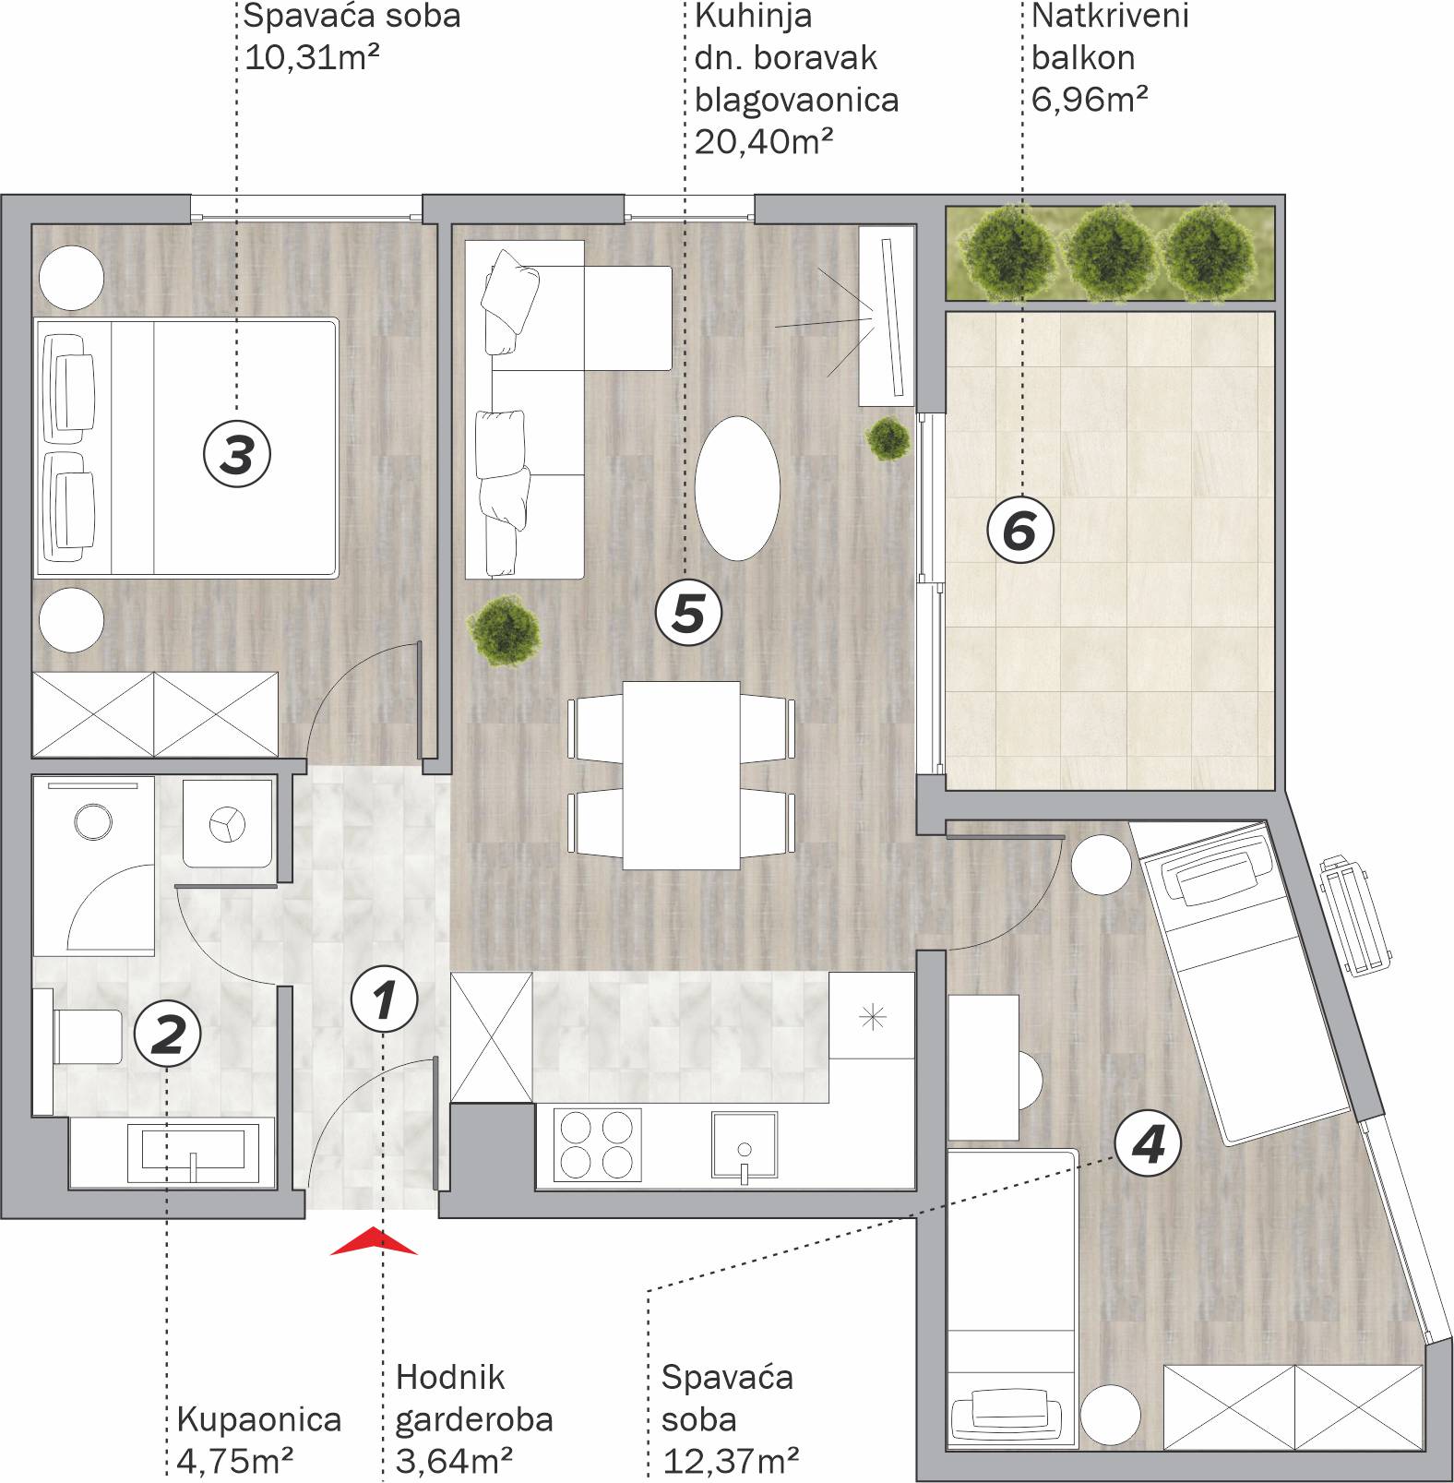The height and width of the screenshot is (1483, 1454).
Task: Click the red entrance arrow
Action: point(374,1242)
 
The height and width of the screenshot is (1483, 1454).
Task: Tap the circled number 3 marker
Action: point(237,454)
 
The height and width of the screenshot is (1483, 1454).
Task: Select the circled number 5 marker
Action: point(688,612)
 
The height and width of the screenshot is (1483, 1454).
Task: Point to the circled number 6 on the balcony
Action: point(1020,531)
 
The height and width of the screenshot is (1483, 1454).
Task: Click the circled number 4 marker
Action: point(1149,1144)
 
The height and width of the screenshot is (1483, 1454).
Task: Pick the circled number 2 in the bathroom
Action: point(168,1033)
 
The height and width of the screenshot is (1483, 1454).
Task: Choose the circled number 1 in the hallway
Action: point(385,999)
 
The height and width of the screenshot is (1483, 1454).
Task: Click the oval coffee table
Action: point(737,488)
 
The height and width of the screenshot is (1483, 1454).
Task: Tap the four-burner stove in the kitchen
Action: point(598,1144)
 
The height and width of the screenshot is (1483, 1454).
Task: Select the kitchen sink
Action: point(745,1145)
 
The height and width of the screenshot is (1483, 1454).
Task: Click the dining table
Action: point(681,775)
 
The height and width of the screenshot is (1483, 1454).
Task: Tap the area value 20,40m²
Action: point(764,141)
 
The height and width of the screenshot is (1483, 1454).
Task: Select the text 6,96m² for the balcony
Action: point(1090,98)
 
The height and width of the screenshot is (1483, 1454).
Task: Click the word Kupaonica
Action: point(258,1418)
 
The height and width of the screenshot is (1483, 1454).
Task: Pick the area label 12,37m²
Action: point(731,1461)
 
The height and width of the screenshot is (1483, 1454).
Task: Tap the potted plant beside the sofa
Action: point(504,629)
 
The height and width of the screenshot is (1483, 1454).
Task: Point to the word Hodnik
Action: point(450,1377)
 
